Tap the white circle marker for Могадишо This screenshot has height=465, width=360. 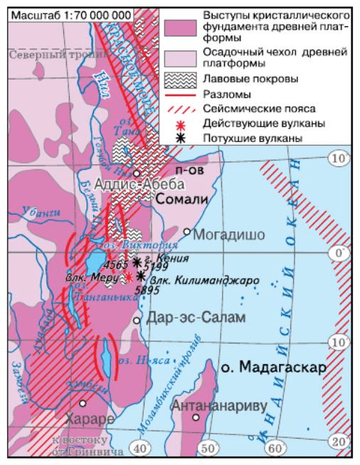click(x=187, y=231)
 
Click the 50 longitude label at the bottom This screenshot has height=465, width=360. click(x=208, y=448)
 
